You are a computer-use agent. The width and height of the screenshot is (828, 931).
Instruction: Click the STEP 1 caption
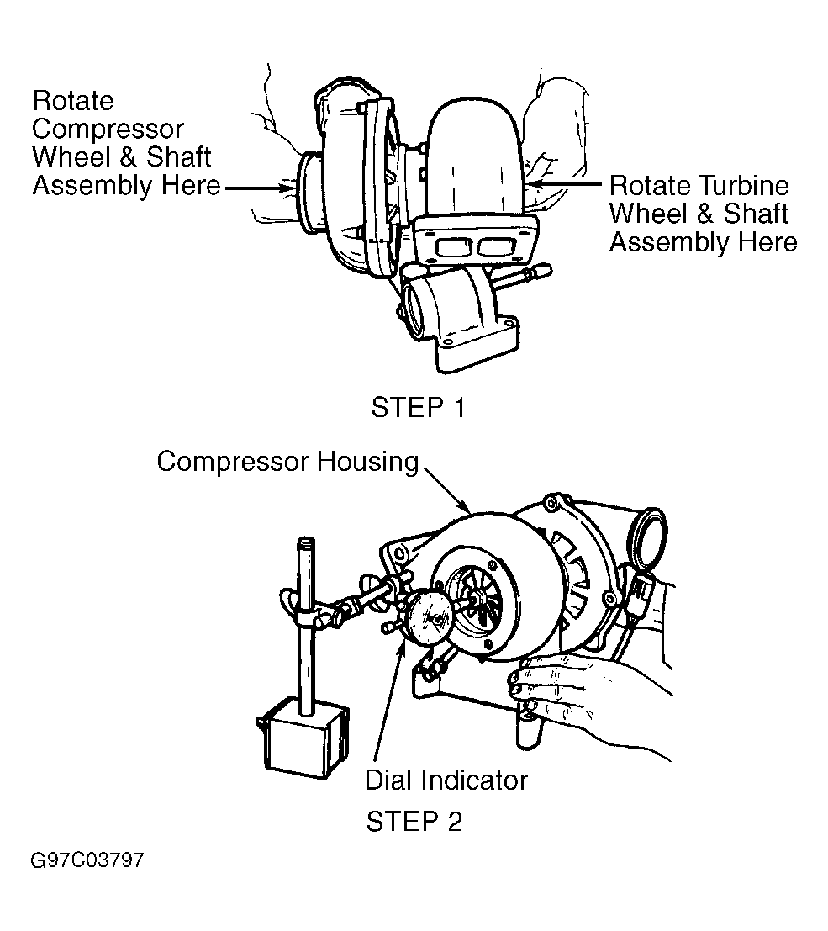[418, 408]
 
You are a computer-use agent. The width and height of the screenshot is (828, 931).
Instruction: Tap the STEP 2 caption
[414, 822]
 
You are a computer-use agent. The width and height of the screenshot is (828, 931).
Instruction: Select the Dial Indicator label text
[446, 780]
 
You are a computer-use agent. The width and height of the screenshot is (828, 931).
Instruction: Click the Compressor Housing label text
[287, 462]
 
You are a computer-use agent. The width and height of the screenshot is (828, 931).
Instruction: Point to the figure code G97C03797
[87, 860]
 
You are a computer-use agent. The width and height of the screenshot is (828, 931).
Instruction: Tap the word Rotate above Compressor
[73, 101]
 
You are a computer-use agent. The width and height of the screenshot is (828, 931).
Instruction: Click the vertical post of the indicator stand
[306, 627]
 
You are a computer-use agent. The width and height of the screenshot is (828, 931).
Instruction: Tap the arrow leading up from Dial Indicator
[389, 700]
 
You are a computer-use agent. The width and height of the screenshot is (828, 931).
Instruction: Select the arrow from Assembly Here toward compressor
[261, 189]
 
